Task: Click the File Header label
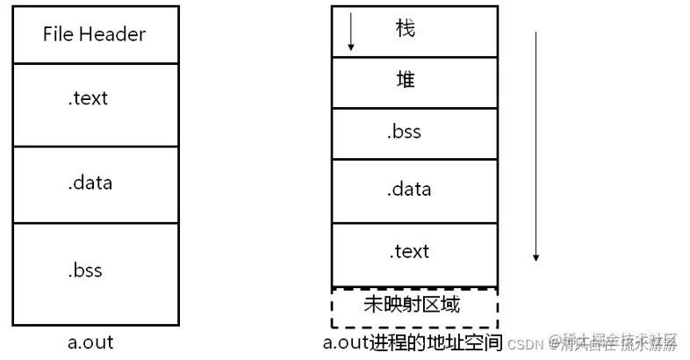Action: tap(94, 35)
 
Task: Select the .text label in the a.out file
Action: tap(88, 98)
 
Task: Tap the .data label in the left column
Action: tap(90, 184)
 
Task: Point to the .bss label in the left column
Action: tap(85, 270)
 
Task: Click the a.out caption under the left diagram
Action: tap(90, 342)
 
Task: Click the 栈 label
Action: tap(405, 28)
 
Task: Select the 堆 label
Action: tap(405, 81)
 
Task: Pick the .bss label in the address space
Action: tap(404, 132)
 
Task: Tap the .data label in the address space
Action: tap(408, 190)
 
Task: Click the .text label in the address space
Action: tap(409, 251)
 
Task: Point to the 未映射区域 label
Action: tap(411, 305)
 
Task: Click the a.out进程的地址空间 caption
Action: tap(412, 342)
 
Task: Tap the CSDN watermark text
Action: tap(527, 342)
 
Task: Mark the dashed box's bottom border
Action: tap(413, 327)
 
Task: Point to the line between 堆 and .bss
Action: tap(413, 107)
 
